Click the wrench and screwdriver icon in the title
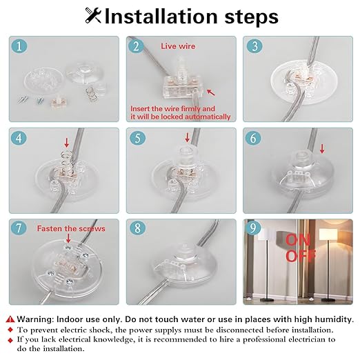coord(93,15)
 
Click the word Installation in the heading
coord(161,17)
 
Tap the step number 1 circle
coord(19,46)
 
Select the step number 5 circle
coord(137,138)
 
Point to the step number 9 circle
coord(253,228)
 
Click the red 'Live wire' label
coord(178,46)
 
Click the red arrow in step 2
coord(211,92)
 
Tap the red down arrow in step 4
coord(67,142)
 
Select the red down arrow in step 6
coord(322,149)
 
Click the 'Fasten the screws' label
coord(71,228)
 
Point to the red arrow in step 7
coord(68,238)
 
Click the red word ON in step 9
coord(298,240)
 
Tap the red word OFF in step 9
coord(301,256)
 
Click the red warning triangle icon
coord(10,319)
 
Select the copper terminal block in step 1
coord(57,103)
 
